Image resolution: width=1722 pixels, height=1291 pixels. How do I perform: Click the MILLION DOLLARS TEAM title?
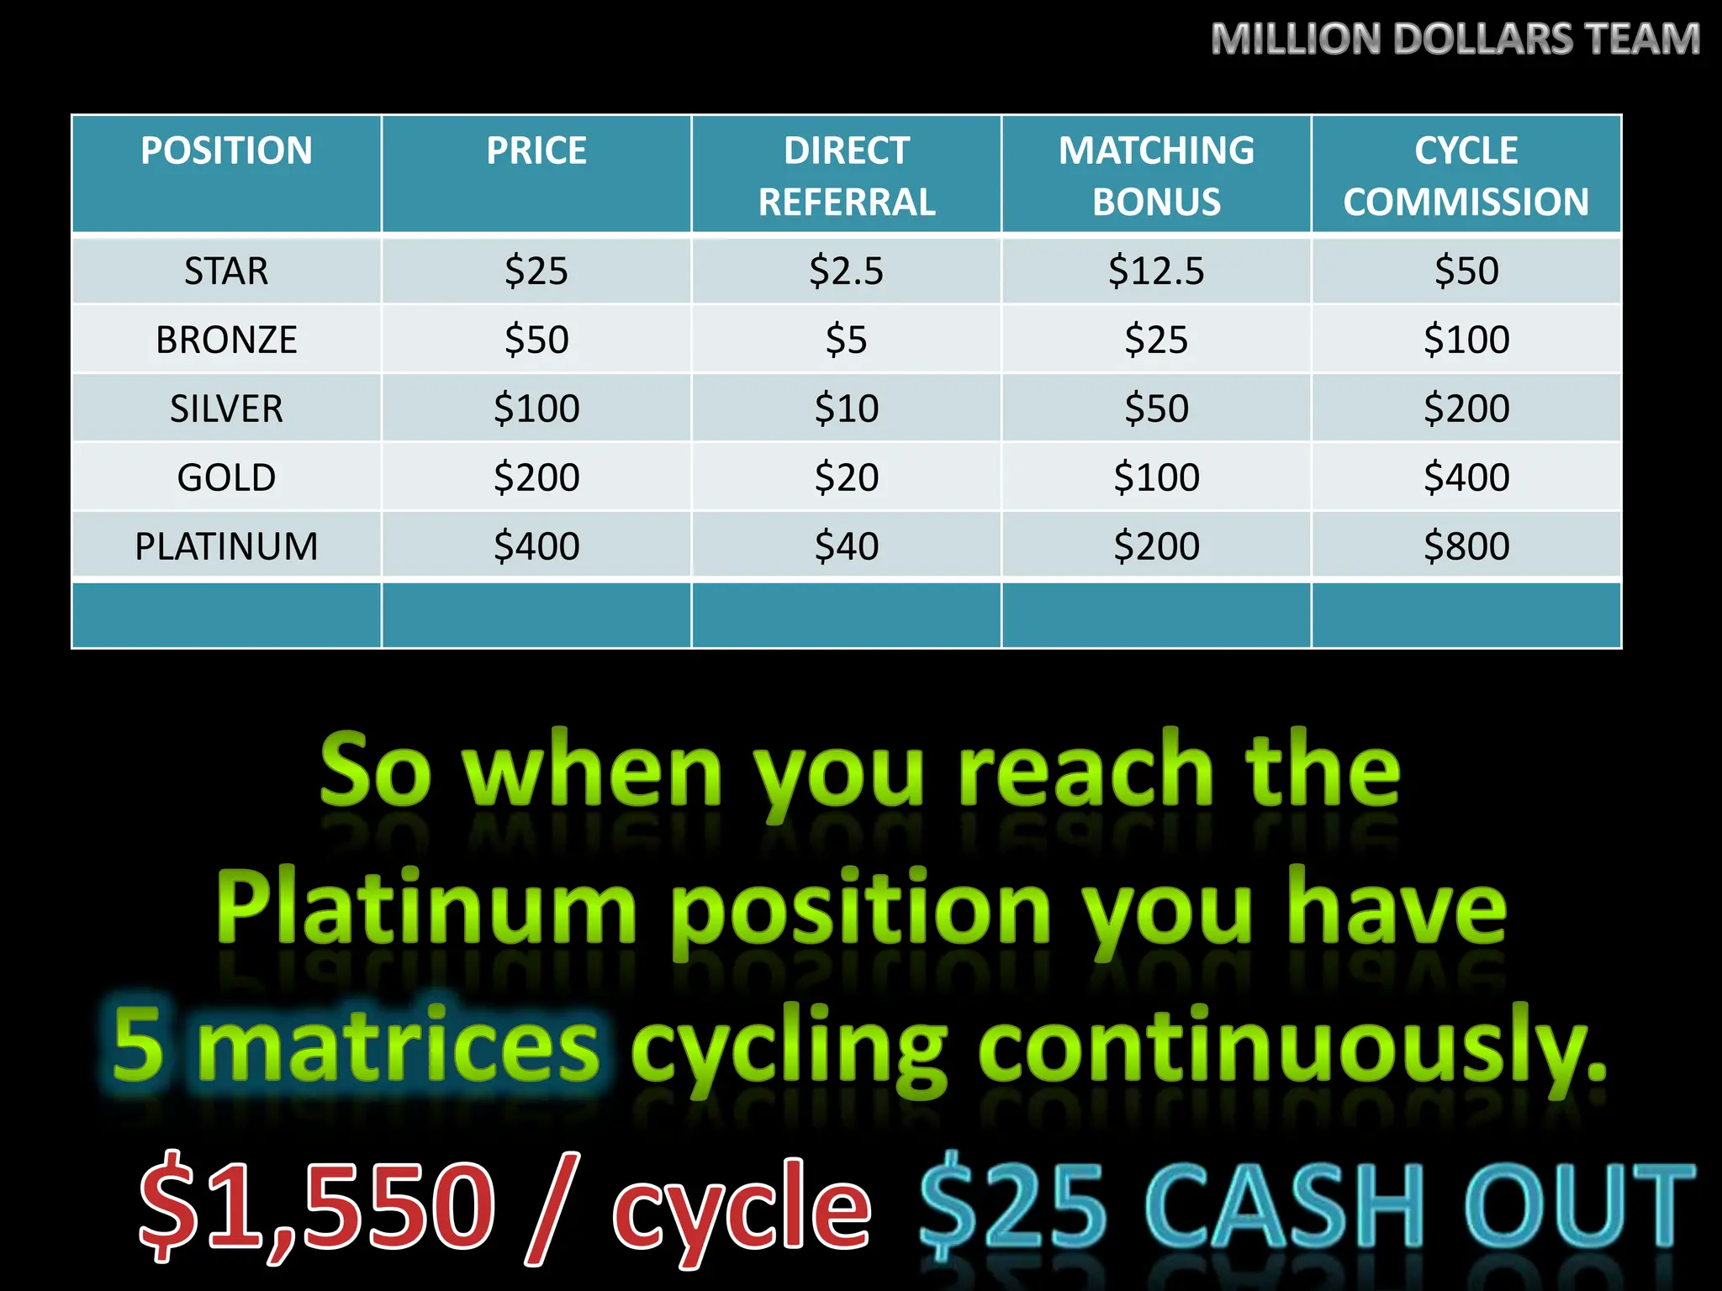tap(1455, 40)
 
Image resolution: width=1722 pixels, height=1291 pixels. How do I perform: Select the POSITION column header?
tap(226, 151)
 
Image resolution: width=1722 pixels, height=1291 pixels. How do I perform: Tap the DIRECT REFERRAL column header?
tap(846, 176)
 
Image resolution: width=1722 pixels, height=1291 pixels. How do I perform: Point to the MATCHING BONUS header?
tap(1156, 176)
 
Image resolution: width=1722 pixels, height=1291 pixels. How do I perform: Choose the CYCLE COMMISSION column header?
tap(1466, 176)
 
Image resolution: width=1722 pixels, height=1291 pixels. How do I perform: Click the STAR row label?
tap(226, 271)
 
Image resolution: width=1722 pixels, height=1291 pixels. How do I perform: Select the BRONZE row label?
tap(226, 340)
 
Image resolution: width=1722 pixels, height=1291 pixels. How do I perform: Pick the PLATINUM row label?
tap(226, 546)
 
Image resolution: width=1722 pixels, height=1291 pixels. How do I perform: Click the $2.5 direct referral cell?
tap(846, 271)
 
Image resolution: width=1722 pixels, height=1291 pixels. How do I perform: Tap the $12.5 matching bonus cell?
tap(1156, 271)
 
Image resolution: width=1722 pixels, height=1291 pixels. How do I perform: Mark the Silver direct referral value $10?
tap(846, 408)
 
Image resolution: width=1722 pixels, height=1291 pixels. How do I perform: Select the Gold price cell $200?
tap(536, 477)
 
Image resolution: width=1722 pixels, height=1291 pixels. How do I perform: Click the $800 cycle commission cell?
tap(1466, 546)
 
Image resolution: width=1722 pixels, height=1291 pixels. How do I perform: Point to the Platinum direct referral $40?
tap(846, 546)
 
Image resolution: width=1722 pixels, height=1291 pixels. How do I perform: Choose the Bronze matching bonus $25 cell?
tap(1156, 340)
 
